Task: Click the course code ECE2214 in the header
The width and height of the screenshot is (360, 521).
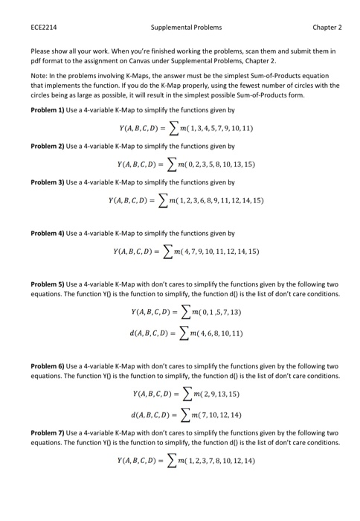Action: [x=42, y=28]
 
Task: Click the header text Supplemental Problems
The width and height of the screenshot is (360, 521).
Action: [x=186, y=28]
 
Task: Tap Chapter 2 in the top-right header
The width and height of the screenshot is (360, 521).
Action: [x=326, y=28]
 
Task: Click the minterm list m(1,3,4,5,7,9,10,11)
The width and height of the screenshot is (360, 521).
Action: [x=213, y=128]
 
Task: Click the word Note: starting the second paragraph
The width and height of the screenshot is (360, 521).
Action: [x=39, y=75]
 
